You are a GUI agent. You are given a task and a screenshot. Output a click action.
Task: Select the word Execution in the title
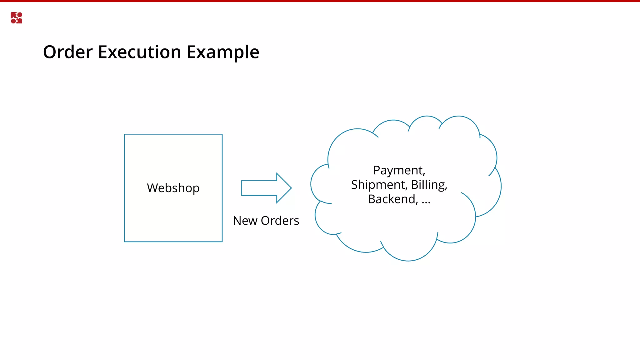pyautogui.click(x=139, y=52)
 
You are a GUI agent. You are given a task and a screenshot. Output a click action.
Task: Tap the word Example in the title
pyautogui.click(x=223, y=52)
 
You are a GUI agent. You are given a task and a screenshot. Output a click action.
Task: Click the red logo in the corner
pyautogui.click(x=16, y=18)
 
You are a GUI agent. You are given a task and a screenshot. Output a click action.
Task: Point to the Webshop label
pyautogui.click(x=173, y=188)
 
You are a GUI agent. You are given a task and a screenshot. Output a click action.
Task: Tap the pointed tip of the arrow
pyautogui.click(x=291, y=188)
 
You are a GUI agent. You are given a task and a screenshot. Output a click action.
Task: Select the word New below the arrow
pyautogui.click(x=245, y=221)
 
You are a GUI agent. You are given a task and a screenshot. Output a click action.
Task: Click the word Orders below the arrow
pyautogui.click(x=280, y=221)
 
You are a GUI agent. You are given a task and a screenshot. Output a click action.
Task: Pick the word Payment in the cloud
pyautogui.click(x=398, y=171)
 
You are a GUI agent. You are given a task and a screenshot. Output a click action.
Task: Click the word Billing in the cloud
pyautogui.click(x=428, y=185)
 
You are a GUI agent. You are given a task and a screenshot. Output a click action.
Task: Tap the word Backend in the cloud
pyautogui.click(x=392, y=199)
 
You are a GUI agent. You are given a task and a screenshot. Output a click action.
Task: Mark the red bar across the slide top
pyautogui.click(x=320, y=1)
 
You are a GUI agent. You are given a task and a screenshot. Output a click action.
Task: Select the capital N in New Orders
pyautogui.click(x=237, y=221)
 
